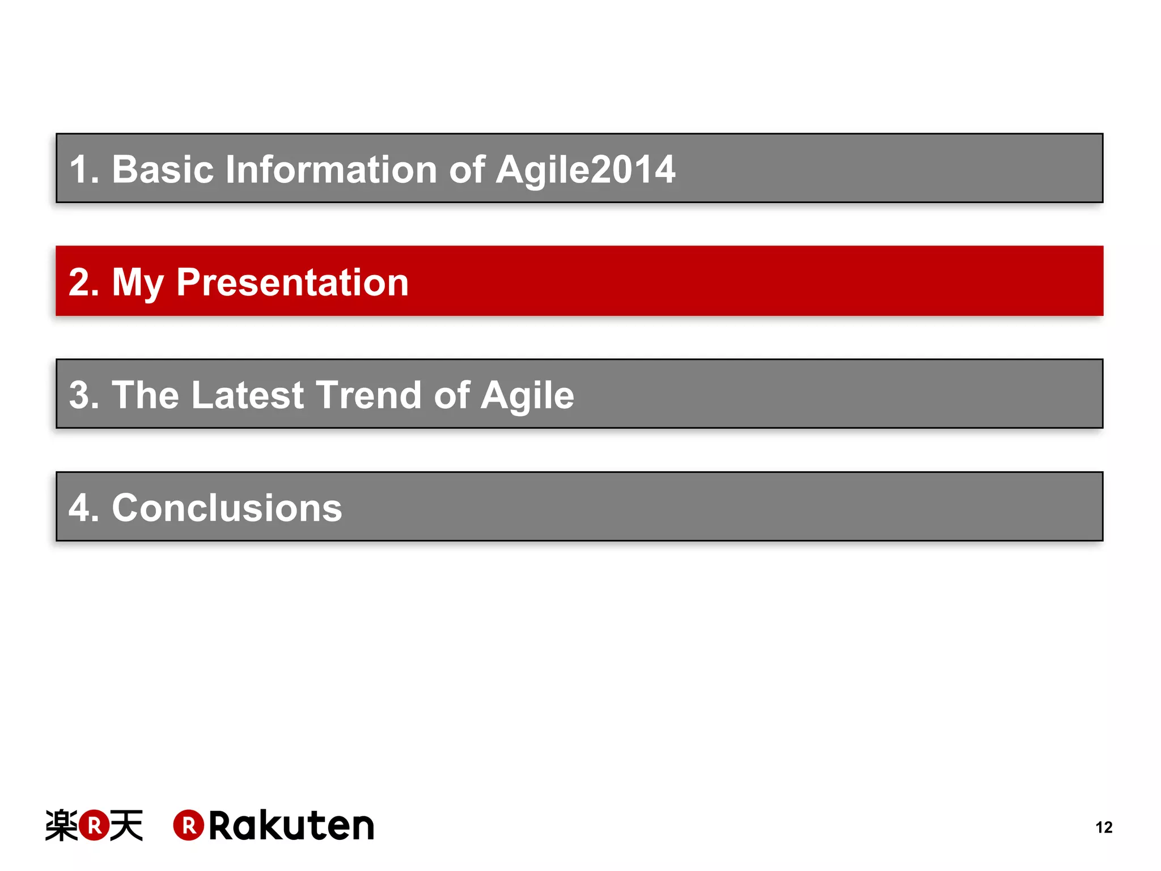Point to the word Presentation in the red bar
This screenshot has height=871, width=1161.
tap(292, 282)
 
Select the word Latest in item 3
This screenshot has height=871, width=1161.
tap(248, 395)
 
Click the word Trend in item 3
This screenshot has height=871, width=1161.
tap(368, 395)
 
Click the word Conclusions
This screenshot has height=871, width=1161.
tap(227, 508)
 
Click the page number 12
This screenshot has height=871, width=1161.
tap(1104, 827)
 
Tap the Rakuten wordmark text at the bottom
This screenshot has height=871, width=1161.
tap(291, 826)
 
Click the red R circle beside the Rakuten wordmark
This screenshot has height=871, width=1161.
tap(188, 825)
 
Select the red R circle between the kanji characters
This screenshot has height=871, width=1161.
tap(94, 825)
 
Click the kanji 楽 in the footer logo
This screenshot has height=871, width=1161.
tap(61, 825)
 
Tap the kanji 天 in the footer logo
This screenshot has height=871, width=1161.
tap(126, 825)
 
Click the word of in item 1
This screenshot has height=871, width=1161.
tap(467, 170)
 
